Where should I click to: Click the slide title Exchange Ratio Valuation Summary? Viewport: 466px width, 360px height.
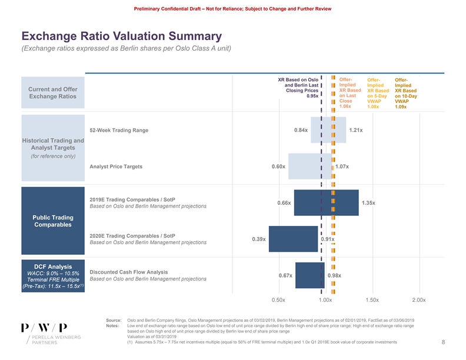(121, 36)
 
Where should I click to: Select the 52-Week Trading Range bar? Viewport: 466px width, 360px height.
(328, 130)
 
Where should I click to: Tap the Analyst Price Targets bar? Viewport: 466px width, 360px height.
(310, 166)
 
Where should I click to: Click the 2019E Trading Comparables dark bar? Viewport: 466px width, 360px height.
(326, 203)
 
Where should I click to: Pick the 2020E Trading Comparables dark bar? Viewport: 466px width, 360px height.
(294, 239)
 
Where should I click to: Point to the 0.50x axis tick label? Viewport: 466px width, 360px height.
(278, 300)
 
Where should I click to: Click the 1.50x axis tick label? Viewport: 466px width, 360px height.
(372, 300)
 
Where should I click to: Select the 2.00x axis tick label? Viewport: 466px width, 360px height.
(419, 300)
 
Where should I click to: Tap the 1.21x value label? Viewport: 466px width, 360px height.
(355, 130)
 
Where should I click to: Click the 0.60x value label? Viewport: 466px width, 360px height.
(278, 166)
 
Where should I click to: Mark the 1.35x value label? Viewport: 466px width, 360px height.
(368, 203)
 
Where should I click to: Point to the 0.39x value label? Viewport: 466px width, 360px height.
(258, 239)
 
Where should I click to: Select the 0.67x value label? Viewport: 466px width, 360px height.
(285, 275)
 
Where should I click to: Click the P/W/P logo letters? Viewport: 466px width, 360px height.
(44, 328)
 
